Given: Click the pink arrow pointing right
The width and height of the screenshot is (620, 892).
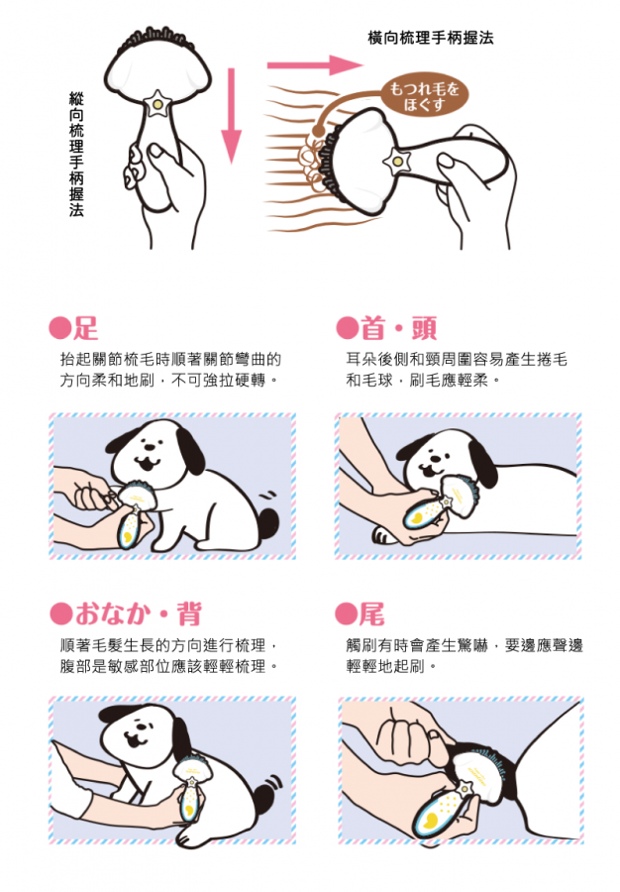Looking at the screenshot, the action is point(314,64).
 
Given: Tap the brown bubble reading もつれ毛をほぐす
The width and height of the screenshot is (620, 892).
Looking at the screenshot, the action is point(423,95).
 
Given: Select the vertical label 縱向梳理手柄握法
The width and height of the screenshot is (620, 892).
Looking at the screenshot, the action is point(76,155).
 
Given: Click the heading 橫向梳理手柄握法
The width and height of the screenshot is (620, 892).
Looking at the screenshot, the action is point(431,38).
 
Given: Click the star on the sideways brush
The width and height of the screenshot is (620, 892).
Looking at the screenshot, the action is point(397,162).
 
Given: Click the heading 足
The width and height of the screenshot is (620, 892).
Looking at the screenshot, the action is point(86,328).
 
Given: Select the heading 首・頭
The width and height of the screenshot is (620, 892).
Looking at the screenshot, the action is point(399,328).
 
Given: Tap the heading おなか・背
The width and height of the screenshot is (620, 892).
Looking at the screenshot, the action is point(138,613).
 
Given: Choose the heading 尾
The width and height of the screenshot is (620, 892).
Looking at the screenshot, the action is point(372,613).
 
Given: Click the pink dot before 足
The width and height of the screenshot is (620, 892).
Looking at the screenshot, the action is point(60,328).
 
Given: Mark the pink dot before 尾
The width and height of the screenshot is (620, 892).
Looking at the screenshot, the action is point(346,613).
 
